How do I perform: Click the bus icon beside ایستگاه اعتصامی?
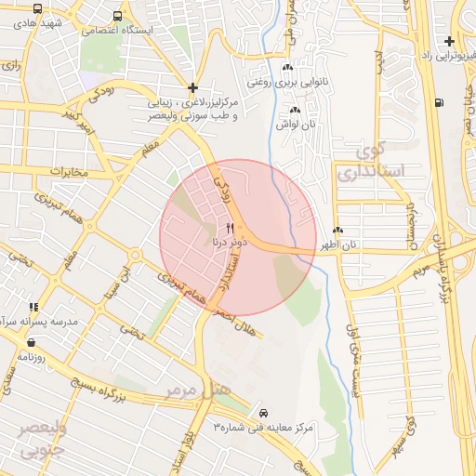pos(116,17)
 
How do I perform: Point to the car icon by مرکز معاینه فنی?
pos(264,412)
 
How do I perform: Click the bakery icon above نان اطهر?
pos(337,231)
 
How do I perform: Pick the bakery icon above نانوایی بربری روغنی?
pos(287,67)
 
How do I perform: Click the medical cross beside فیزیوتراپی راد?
pos(450,41)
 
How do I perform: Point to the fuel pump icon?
pos(439,103)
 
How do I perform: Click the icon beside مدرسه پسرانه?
pos(33,307)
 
